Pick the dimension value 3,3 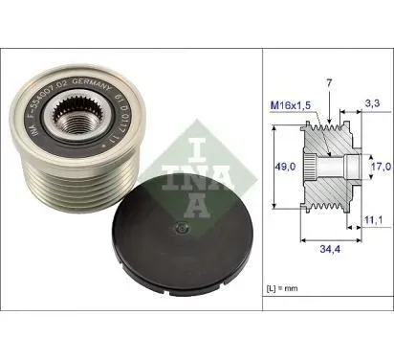click(x=375, y=101)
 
